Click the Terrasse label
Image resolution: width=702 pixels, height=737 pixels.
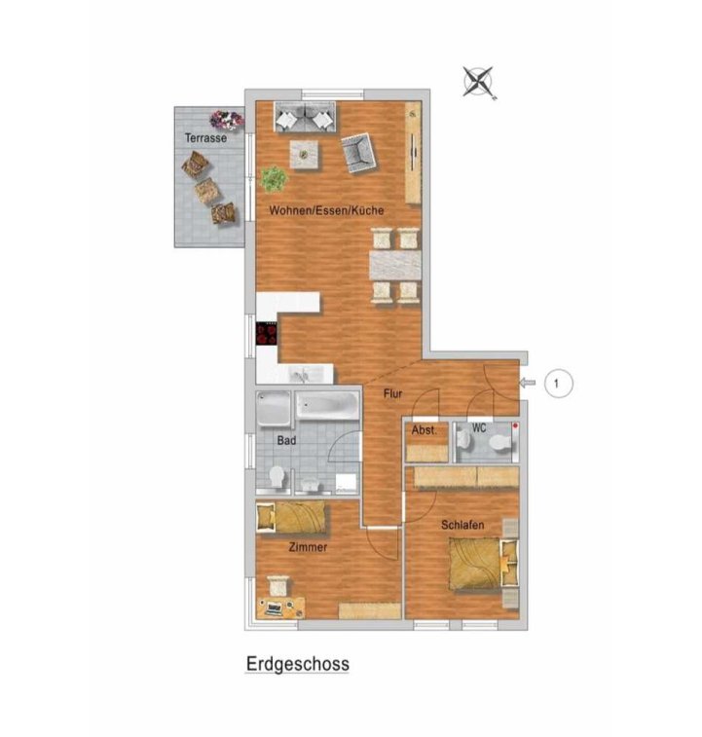click(205, 138)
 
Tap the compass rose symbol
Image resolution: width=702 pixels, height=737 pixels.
click(479, 82)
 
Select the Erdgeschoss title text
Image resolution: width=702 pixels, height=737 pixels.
click(298, 664)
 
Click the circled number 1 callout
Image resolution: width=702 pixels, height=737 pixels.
click(558, 384)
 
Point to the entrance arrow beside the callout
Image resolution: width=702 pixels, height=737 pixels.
click(527, 384)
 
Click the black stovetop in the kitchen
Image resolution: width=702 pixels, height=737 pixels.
click(266, 334)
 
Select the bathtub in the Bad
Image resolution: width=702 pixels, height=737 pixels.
click(327, 405)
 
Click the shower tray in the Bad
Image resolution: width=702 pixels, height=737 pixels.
click(274, 409)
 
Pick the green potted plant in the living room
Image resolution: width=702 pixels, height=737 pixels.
click(275, 179)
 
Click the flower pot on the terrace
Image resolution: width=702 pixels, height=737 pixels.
click(227, 120)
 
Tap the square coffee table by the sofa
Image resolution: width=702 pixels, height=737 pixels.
click(305, 154)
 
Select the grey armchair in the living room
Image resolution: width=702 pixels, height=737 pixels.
click(358, 153)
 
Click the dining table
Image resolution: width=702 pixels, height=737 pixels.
click(395, 266)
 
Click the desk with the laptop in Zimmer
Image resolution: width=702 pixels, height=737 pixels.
click(280, 608)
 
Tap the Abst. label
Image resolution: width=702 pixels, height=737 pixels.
click(425, 430)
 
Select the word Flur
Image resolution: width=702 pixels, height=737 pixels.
click(392, 393)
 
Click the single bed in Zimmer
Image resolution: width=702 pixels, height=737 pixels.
click(291, 518)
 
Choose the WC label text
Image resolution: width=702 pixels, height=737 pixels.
click(479, 428)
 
